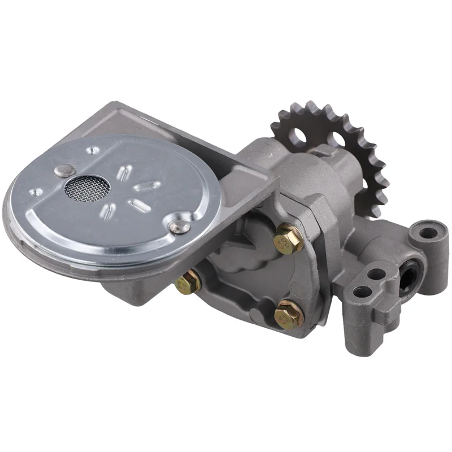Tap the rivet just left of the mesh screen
63,170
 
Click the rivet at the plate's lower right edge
179,225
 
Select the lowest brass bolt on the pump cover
288,316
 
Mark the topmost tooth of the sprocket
310,105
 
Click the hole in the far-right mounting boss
428,232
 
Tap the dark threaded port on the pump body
407,276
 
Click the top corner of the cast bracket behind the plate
115,104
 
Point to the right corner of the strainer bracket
278,180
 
